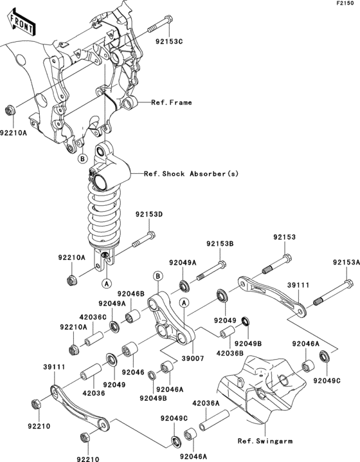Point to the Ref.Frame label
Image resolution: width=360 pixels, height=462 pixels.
click(172, 102)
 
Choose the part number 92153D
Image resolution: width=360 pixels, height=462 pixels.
click(149, 214)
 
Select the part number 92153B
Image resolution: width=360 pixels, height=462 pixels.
click(220, 244)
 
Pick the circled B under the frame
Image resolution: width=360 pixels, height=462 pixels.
click(82, 158)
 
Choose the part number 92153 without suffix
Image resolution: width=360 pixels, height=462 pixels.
click(283, 237)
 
